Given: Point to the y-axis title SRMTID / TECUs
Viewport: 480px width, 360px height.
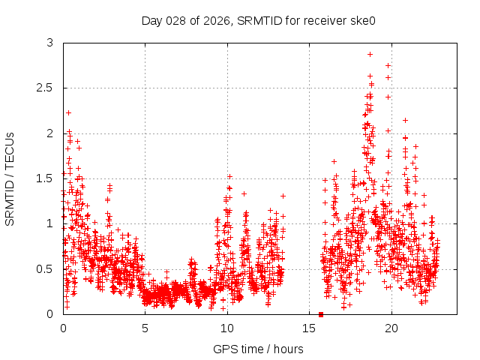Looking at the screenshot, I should [10, 178].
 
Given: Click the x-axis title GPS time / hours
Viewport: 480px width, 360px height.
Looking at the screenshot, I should [259, 349].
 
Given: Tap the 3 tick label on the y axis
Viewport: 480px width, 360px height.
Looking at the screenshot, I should [50, 43].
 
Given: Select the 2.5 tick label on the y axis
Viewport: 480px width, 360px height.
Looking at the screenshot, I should [46, 88].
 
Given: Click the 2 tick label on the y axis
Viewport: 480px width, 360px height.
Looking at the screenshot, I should [50, 133].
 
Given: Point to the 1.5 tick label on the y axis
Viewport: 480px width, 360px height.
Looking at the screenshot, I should [46, 178].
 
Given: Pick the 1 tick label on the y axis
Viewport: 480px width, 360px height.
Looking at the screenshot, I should [50, 223].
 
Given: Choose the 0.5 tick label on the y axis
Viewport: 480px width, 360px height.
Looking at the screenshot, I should [46, 268].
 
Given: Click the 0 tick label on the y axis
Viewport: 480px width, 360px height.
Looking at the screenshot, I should [50, 313].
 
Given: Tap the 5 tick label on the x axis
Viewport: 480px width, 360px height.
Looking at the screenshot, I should [145, 328].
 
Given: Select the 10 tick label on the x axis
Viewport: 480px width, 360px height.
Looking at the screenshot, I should [227, 328].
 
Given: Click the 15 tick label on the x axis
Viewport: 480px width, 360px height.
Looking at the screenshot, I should [309, 328].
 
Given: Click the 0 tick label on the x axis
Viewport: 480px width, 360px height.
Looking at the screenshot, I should [63, 328].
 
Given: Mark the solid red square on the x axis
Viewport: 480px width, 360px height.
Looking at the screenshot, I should [321, 314].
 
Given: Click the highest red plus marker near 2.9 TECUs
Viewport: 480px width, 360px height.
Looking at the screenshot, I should [370, 54].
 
